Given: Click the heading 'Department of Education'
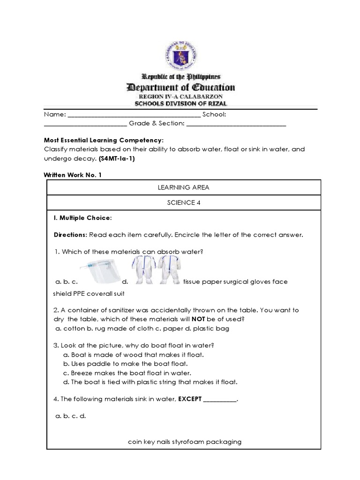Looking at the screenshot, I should coord(180,87).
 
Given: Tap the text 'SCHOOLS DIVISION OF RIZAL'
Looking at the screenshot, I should coord(180,104).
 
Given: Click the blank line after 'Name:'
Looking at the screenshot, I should coord(135,115).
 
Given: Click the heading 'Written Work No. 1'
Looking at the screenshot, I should coord(72,174).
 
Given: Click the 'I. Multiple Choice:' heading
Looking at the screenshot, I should coord(83,218).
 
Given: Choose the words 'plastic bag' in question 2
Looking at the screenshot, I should coord(213,329).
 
